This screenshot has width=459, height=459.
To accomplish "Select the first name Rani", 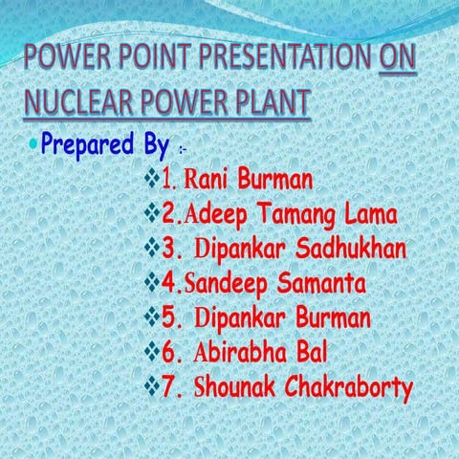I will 205,179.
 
